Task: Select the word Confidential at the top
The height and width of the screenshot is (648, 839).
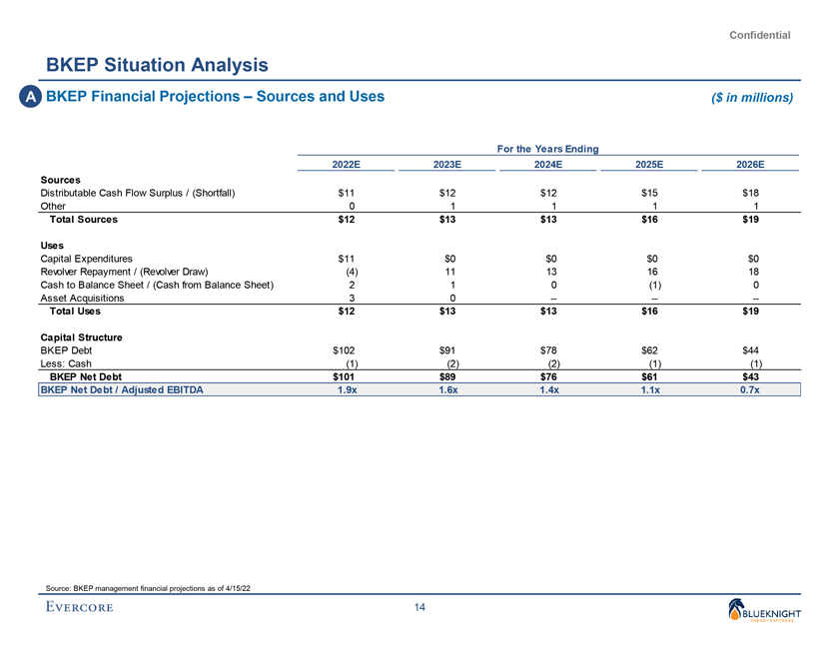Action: coord(760,35)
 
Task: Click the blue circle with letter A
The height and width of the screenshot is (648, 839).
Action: coord(32,97)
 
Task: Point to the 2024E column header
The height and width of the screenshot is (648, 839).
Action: coord(547,165)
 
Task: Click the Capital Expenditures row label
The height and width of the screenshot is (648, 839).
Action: coord(86,258)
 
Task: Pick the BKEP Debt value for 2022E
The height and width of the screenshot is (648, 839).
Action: coord(346,350)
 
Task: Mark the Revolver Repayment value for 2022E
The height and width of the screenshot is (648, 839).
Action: coord(351,271)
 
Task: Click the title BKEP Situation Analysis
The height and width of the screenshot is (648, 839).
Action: coord(157,66)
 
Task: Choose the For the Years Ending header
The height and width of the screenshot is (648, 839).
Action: coord(547,149)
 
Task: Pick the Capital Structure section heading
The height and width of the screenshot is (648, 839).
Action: coord(81,337)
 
